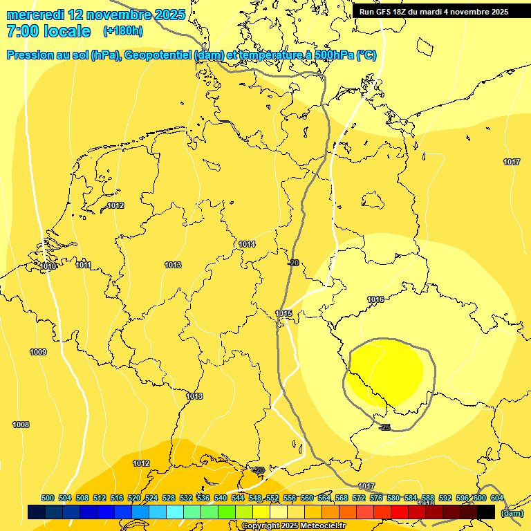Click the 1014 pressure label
[x=247, y=245]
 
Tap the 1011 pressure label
[x=84, y=265]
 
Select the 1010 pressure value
[x=48, y=267]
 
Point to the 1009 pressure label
[x=38, y=353]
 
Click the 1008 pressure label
[x=21, y=425]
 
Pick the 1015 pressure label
[x=284, y=314]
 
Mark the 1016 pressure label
[x=375, y=300]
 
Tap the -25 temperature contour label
[x=384, y=427]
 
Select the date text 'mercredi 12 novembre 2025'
[x=95, y=15]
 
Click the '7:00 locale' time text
[x=48, y=31]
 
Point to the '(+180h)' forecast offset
[x=122, y=31]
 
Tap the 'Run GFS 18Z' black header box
[x=434, y=12]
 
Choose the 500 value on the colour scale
[x=48, y=498]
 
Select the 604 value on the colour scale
[x=496, y=498]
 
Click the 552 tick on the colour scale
[x=272, y=498]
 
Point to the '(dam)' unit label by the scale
[x=512, y=513]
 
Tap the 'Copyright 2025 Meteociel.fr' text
[x=293, y=526]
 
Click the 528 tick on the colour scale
[x=169, y=498]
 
